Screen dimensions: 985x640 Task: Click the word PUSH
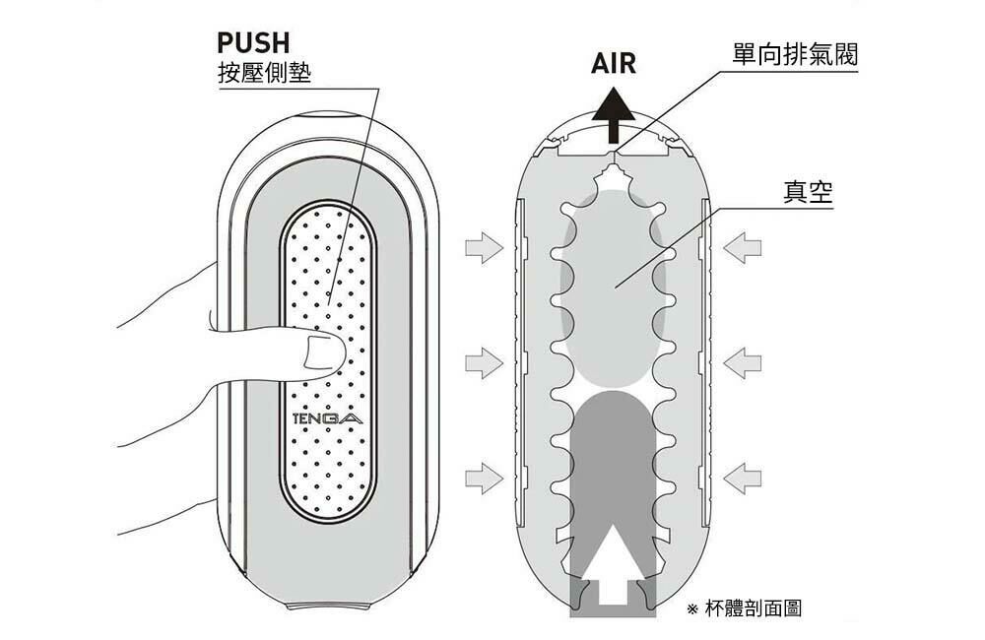click(x=253, y=43)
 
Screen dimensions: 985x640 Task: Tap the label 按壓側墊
click(x=264, y=73)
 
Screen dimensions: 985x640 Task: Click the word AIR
click(x=613, y=63)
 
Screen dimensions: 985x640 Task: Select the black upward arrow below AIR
click(x=613, y=115)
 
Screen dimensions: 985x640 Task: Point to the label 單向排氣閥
click(x=795, y=54)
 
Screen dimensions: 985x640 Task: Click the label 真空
click(x=808, y=192)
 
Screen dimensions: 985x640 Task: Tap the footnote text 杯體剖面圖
click(x=754, y=608)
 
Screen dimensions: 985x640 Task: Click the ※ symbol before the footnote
click(x=692, y=608)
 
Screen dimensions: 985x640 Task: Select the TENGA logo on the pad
click(x=328, y=418)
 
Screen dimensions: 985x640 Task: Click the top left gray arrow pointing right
click(x=484, y=247)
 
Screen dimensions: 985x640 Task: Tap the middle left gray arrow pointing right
click(x=484, y=363)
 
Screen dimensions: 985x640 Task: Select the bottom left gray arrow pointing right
click(x=484, y=479)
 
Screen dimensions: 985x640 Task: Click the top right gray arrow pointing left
click(x=743, y=247)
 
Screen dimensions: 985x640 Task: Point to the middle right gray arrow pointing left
click(x=743, y=363)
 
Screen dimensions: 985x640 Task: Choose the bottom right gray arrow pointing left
click(x=743, y=479)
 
